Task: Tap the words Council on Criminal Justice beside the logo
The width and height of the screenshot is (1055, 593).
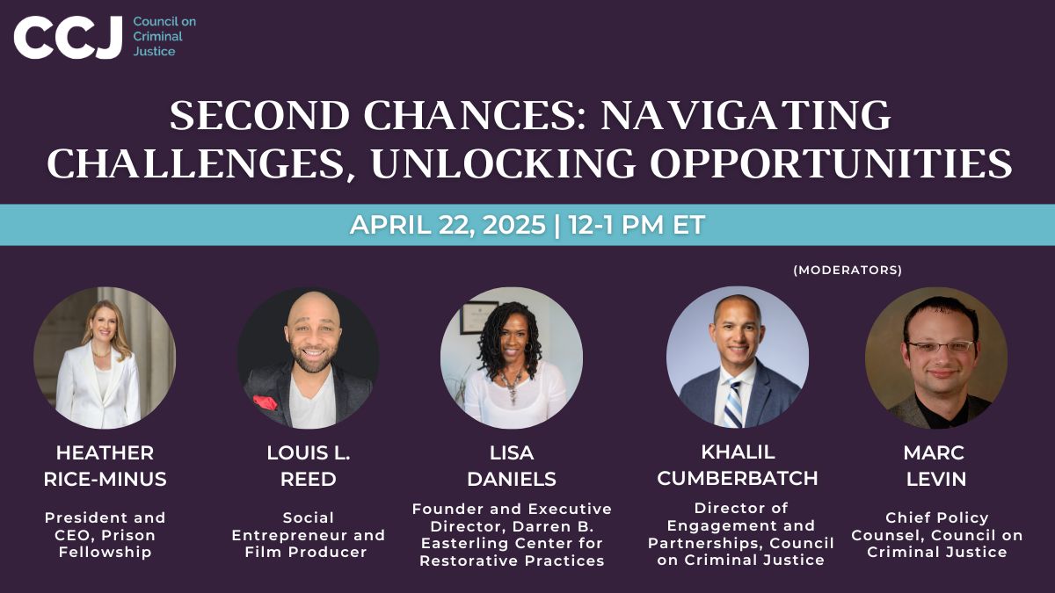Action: tap(164, 36)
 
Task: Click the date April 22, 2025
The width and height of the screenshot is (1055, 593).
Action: tap(447, 225)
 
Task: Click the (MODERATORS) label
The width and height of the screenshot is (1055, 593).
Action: tap(848, 270)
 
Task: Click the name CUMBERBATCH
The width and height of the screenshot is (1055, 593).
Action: tap(737, 479)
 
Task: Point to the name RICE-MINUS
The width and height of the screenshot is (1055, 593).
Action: tap(105, 479)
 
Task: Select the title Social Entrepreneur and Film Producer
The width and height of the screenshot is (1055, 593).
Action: tap(309, 535)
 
